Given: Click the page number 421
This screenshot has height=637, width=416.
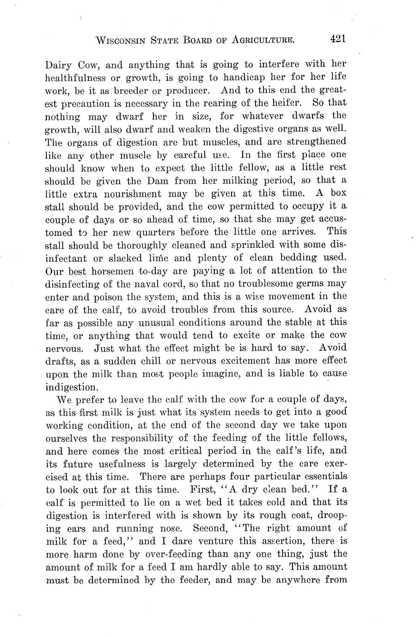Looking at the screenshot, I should [x=338, y=39].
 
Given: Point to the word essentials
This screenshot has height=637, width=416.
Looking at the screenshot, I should [x=321, y=476].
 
